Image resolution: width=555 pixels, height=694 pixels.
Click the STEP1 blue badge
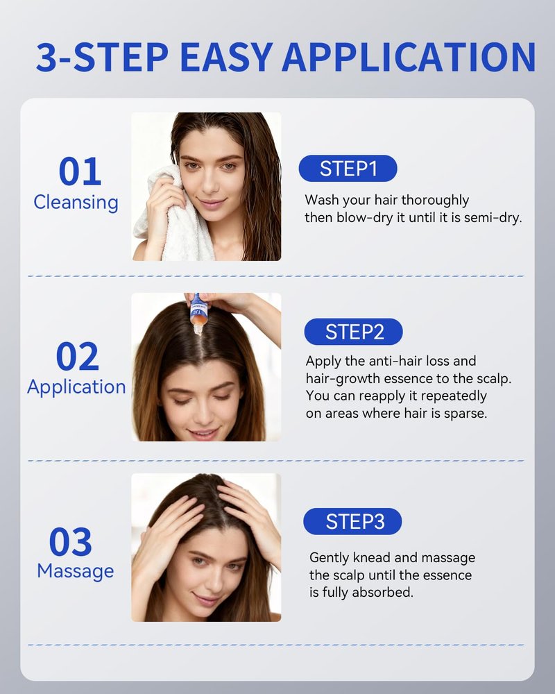click(348, 169)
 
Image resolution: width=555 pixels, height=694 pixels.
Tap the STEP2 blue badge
click(354, 332)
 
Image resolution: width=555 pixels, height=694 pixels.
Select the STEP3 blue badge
click(352, 521)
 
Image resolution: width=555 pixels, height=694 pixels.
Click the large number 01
click(80, 171)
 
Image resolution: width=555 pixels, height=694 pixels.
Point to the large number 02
click(78, 356)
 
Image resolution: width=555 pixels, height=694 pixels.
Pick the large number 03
click(70, 541)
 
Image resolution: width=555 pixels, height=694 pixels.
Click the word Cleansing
click(76, 203)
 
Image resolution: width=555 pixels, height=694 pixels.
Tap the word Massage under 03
click(76, 571)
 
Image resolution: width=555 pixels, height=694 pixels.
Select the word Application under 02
click(76, 387)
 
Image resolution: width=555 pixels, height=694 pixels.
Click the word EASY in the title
click(227, 57)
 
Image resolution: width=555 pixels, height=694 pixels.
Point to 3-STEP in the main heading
click(102, 57)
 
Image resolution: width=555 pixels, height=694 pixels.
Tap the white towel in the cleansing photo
click(175, 217)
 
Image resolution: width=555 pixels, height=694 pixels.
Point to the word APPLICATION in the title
click(409, 57)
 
